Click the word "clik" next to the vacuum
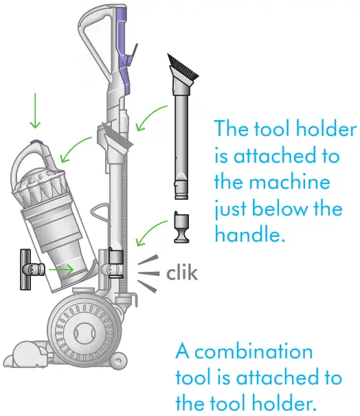tap(182, 273)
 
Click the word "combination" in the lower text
tap(244, 352)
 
